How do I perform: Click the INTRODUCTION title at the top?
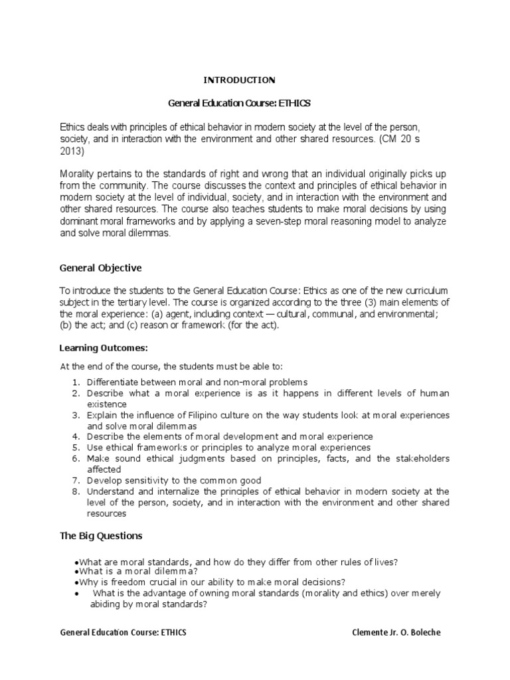[x=238, y=80]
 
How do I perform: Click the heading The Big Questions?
[x=101, y=535]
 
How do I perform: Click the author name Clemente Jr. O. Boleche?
[x=396, y=633]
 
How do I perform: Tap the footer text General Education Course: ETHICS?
[x=123, y=633]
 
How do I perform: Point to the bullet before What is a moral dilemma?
[x=78, y=572]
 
